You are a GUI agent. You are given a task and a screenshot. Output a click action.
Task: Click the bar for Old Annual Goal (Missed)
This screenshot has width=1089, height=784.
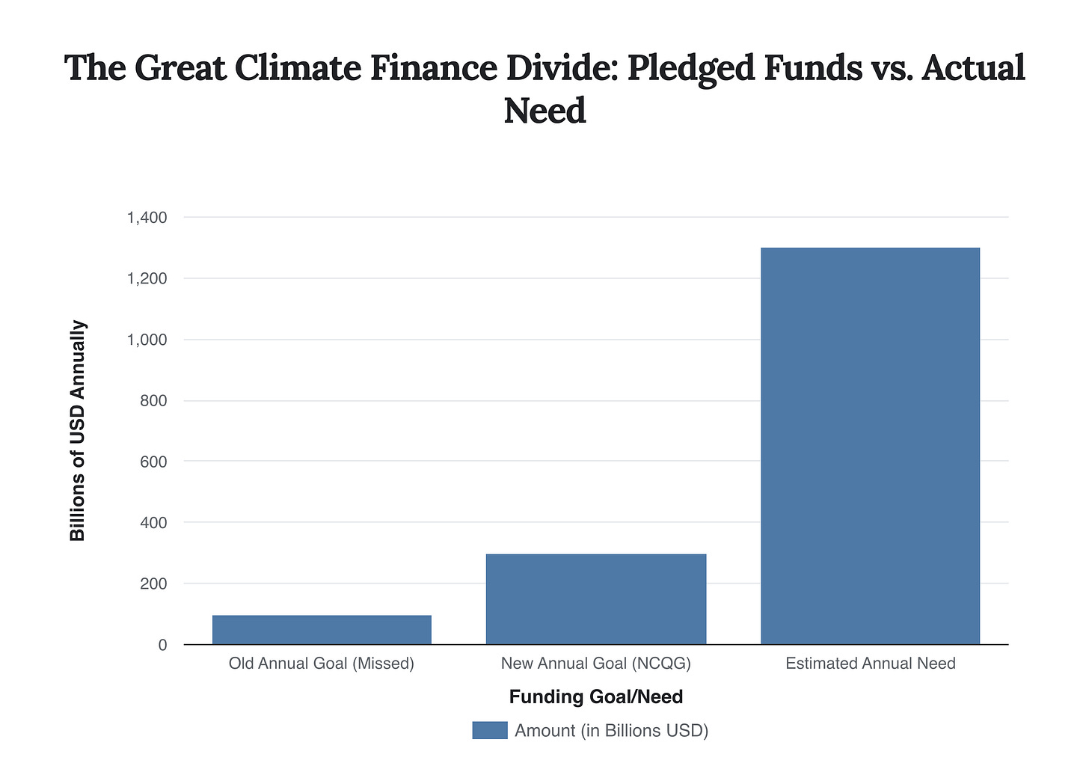[x=322, y=629]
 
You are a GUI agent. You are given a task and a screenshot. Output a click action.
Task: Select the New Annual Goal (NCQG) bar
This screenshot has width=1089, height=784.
[x=596, y=598]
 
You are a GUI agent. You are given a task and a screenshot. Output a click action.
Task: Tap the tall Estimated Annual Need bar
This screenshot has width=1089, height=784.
[x=870, y=445]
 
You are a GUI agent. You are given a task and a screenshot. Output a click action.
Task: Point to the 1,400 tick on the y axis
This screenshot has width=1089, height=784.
[x=147, y=218]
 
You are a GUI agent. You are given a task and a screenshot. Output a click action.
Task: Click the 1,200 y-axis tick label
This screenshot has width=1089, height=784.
[x=147, y=279]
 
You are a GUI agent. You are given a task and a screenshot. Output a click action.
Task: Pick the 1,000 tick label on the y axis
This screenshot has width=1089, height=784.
[x=147, y=340]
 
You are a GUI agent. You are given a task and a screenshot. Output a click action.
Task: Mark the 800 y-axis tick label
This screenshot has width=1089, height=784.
[x=153, y=401]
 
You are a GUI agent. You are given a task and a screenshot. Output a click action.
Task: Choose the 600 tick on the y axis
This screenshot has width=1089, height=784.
[x=153, y=462]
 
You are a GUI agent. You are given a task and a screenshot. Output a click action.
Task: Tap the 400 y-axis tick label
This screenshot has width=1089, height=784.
[x=153, y=523]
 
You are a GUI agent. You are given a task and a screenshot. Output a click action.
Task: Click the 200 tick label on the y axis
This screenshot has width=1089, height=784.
[x=153, y=584]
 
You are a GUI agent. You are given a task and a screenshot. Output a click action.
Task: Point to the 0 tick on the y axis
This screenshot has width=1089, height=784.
[x=162, y=645]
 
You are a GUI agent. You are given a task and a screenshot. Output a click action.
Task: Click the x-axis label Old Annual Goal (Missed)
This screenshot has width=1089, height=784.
[x=322, y=664]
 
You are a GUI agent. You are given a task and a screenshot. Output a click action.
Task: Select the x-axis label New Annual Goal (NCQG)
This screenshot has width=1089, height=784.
[x=596, y=664]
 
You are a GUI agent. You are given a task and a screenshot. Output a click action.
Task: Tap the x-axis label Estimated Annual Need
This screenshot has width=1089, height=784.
[x=871, y=664]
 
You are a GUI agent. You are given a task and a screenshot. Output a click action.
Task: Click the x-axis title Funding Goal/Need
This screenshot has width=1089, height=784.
[x=596, y=697]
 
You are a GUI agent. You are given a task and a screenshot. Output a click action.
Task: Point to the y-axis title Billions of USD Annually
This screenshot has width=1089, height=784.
[x=78, y=431]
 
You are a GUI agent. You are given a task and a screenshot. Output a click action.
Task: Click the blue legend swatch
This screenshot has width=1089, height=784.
[x=490, y=730]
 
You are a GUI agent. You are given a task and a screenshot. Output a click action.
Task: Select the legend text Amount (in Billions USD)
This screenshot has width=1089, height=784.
[x=611, y=730]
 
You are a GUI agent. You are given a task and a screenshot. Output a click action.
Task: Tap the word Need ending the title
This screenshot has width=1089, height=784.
[x=544, y=111]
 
